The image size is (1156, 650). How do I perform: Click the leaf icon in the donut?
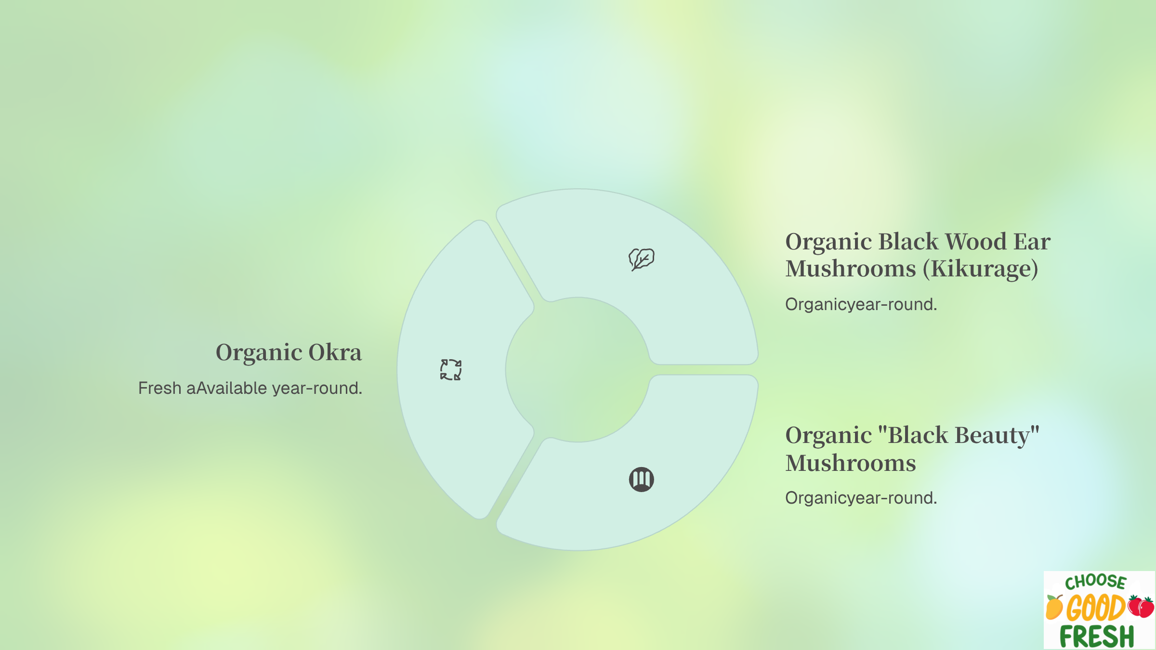pyautogui.click(x=641, y=259)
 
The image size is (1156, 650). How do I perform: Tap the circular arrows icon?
pyautogui.click(x=451, y=370)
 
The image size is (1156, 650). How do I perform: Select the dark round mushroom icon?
pyautogui.click(x=642, y=480)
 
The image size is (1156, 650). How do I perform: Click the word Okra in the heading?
pyautogui.click(x=335, y=352)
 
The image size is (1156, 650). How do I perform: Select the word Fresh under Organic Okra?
pyautogui.click(x=159, y=388)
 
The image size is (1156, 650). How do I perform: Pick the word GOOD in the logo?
pyautogui.click(x=1095, y=608)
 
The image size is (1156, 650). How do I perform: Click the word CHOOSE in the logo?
pyautogui.click(x=1095, y=582)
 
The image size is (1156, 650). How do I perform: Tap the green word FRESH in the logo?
pyautogui.click(x=1097, y=636)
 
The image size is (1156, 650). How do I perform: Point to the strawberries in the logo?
pyautogui.click(x=1141, y=606)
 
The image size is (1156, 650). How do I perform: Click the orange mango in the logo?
pyautogui.click(x=1054, y=607)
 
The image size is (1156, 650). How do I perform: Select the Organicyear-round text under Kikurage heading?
pyautogui.click(x=861, y=304)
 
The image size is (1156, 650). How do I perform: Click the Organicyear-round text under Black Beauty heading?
pyautogui.click(x=861, y=498)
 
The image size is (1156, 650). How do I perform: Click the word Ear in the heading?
pyautogui.click(x=1032, y=242)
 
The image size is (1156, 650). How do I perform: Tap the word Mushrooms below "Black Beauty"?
pyautogui.click(x=851, y=463)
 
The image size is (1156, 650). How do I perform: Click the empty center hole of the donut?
pyautogui.click(x=578, y=370)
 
